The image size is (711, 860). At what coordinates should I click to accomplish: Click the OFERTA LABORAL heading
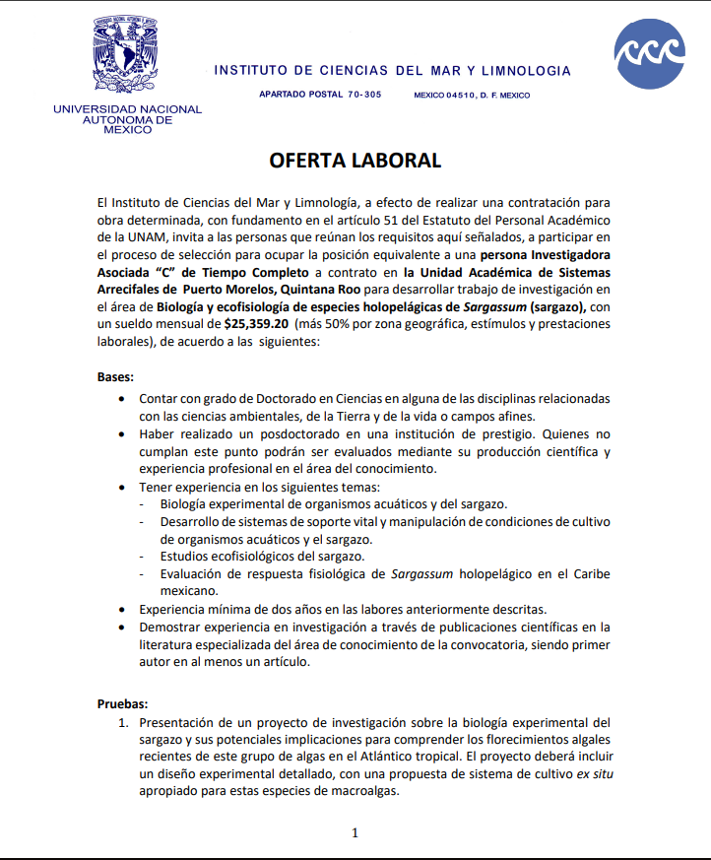tap(355, 161)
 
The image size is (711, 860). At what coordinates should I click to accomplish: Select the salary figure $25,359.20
tap(256, 322)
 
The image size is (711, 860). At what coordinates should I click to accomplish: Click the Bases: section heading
tap(116, 377)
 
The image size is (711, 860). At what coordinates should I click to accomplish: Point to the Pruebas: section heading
tap(123, 703)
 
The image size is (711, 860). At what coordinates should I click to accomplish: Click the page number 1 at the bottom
tap(355, 832)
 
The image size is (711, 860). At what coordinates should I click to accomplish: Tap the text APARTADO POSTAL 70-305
tap(320, 96)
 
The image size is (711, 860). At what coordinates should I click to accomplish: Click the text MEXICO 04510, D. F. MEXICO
tap(472, 96)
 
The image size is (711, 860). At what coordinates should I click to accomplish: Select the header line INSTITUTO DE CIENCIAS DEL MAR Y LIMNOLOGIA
tap(392, 71)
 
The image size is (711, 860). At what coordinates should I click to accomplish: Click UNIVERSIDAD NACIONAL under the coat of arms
tap(128, 109)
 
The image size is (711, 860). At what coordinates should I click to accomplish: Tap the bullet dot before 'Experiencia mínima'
tap(120, 610)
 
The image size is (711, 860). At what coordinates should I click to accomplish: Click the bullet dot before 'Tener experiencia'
tap(120, 487)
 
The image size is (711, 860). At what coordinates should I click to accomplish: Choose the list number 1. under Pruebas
tap(125, 722)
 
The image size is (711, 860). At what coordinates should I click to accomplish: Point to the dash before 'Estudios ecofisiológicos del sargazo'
tap(145, 557)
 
